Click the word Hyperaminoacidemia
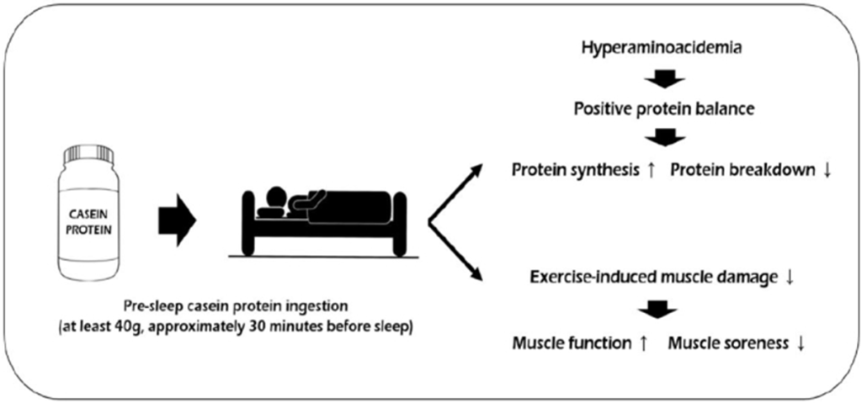coord(663,48)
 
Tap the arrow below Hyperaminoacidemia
coord(663,80)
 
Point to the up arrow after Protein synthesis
coord(651,171)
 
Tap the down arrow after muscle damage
coord(790,278)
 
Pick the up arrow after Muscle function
coord(642,344)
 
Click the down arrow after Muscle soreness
coord(801,344)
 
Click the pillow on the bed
coord(269,213)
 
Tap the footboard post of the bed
coord(400,223)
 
